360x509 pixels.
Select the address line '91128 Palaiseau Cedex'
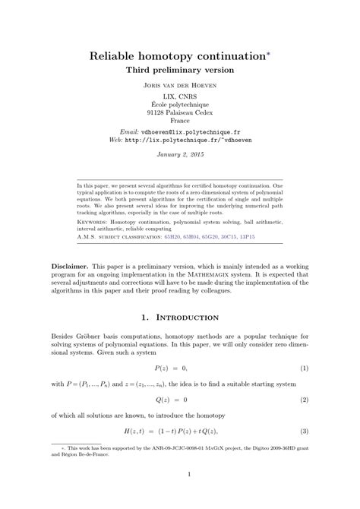click(180, 112)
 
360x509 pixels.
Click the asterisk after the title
click(263, 52)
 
